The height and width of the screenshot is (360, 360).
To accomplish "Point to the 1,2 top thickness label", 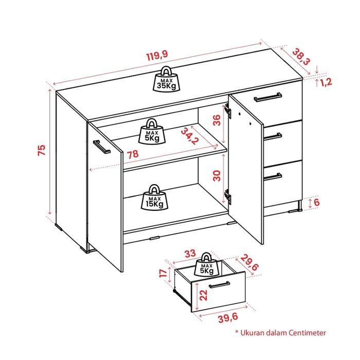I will coord(326,82).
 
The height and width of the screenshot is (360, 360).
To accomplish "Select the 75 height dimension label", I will coord(42,150).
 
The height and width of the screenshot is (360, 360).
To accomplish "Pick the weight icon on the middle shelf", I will coord(152,131).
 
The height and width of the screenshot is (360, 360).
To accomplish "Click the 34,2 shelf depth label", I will coord(190,137).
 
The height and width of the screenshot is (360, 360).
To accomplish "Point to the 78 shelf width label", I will coord(133,154).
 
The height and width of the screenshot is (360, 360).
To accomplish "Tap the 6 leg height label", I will coord(317,202).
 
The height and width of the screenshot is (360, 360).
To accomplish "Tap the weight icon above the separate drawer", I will coord(208,265).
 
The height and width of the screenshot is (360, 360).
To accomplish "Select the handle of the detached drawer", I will coord(219,286).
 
